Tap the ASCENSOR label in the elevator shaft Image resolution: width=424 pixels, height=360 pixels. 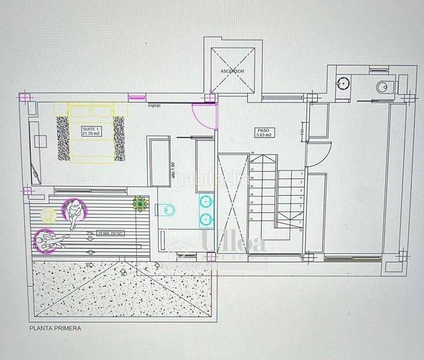(x=232, y=71)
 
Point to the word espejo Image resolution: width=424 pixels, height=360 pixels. (x=156, y=107)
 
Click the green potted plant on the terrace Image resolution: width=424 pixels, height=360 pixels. (x=140, y=204)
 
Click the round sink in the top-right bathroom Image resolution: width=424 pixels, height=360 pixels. (x=344, y=83)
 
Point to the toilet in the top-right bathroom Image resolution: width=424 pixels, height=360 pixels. (x=384, y=88)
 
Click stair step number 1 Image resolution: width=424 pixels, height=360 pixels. (x=301, y=172)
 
